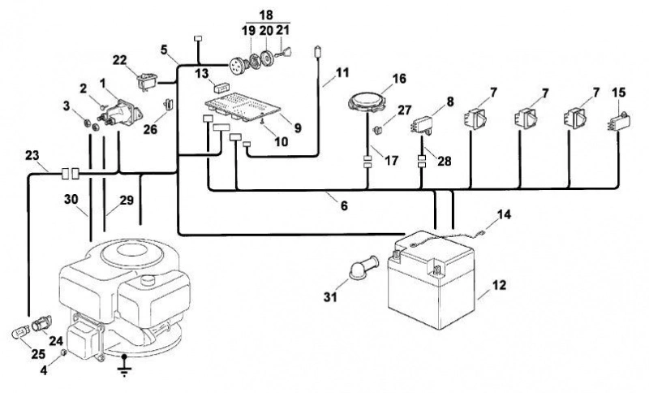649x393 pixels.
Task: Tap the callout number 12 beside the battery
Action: point(499,285)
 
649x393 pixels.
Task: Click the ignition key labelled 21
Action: point(284,53)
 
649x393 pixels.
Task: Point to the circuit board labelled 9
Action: point(243,107)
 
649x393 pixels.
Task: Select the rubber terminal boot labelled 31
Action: point(363,266)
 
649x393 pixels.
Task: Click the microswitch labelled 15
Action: point(620,121)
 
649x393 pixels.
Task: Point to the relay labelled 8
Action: point(423,125)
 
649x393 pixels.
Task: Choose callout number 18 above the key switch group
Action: point(266,15)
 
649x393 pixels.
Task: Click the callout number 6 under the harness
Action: point(344,205)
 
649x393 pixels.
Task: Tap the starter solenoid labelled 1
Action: point(119,113)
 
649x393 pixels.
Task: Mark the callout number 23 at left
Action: point(32,156)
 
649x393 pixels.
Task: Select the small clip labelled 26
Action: point(168,104)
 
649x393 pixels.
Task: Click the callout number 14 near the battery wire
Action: point(504,214)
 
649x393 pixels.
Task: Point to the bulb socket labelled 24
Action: point(41,323)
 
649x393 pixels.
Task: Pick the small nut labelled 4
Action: point(64,352)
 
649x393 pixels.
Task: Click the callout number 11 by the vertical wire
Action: point(342,72)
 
